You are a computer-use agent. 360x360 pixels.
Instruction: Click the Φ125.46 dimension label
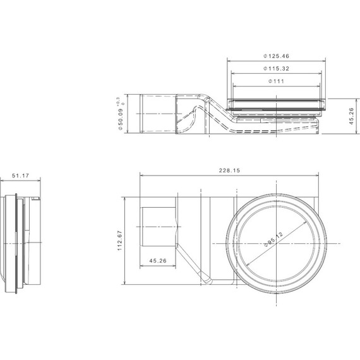[276, 56]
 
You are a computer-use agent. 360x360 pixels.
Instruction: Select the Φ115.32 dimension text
[276, 68]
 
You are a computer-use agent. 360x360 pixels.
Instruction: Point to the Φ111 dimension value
[277, 81]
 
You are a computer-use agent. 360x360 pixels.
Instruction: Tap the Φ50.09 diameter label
[121, 119]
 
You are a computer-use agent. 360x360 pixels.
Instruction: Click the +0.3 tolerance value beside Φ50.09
[118, 101]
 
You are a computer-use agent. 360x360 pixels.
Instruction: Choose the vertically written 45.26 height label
[351, 116]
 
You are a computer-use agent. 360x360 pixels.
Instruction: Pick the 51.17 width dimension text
[20, 176]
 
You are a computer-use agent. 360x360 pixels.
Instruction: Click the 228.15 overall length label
[229, 171]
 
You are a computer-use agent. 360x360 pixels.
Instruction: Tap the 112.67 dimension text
[120, 241]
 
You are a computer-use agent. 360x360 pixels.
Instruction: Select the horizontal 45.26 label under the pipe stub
[158, 261]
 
